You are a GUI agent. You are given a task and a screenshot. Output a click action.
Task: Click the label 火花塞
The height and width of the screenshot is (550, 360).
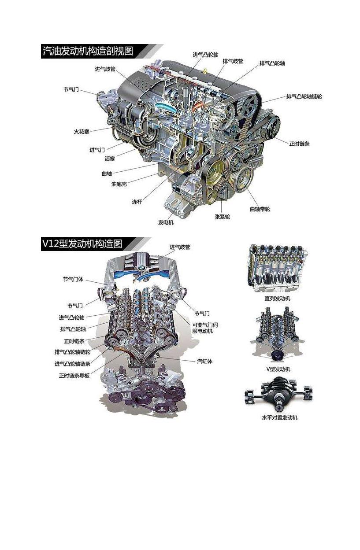coord(82,132)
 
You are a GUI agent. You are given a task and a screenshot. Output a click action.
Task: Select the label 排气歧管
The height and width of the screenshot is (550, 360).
coord(233,61)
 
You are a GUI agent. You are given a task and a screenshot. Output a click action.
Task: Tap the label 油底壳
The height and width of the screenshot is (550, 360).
coord(119,184)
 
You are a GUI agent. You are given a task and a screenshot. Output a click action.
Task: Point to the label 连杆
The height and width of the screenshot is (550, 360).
coord(137,202)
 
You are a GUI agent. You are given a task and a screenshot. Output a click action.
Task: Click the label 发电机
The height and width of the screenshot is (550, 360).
coord(166,222)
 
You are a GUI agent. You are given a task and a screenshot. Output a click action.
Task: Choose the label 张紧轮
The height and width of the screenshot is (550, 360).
coord(222,217)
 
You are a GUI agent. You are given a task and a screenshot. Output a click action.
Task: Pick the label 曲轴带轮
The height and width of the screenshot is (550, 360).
coord(260,209)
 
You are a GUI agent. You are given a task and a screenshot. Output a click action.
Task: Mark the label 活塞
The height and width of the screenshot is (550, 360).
coord(110,159)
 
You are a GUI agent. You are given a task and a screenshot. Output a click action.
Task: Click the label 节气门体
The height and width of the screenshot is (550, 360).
coord(73,279)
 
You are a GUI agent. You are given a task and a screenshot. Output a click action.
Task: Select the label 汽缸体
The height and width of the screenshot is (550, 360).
coord(205,361)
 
